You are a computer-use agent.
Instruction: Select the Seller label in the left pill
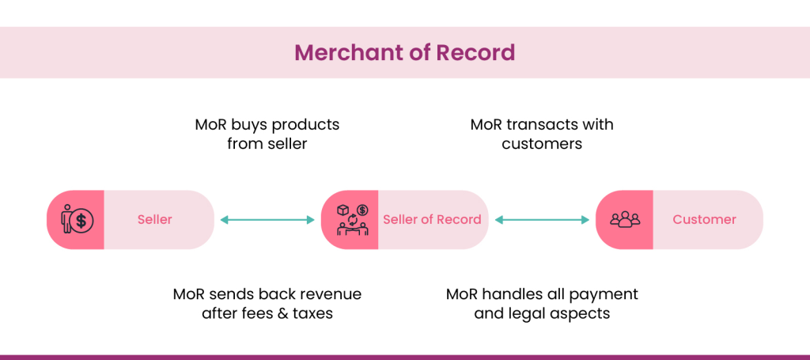coord(154,220)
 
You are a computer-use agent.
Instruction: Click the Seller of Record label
coord(432,220)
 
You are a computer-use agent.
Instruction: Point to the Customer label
coord(704,220)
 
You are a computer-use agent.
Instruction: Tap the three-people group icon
coord(624,220)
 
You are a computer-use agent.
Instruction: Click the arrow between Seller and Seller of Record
coord(267,220)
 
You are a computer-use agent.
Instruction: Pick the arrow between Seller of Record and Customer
coord(542,220)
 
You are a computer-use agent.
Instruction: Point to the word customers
coord(542,144)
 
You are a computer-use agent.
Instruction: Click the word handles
coord(512,294)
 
